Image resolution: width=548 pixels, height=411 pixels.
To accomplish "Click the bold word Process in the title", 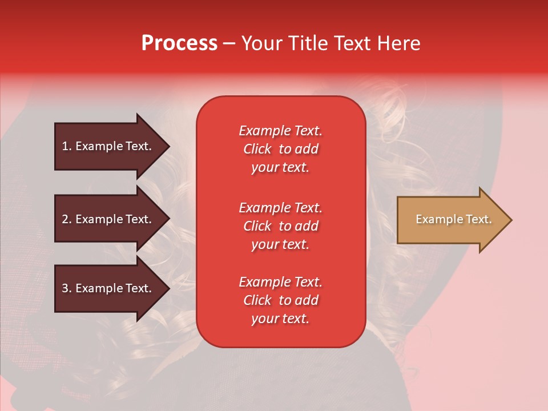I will coord(179,43).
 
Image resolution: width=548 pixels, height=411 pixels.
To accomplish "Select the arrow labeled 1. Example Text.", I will coord(108,146).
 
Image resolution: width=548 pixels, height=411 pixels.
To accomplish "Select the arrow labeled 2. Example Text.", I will coord(108,219).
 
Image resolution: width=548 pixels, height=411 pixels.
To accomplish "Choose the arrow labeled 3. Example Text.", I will coord(108,288).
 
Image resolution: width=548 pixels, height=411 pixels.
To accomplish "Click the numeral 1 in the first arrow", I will coord(65,146).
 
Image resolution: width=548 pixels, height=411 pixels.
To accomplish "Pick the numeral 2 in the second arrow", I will coord(65,219).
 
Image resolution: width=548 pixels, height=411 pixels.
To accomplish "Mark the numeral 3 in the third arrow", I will coord(65,288).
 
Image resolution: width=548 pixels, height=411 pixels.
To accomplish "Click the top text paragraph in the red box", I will coord(280,149).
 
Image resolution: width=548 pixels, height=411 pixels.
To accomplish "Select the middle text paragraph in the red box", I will coord(280,225).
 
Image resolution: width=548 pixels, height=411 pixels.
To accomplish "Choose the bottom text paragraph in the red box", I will coord(280,300).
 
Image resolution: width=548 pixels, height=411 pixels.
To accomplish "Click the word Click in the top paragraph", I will coord(257,149).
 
